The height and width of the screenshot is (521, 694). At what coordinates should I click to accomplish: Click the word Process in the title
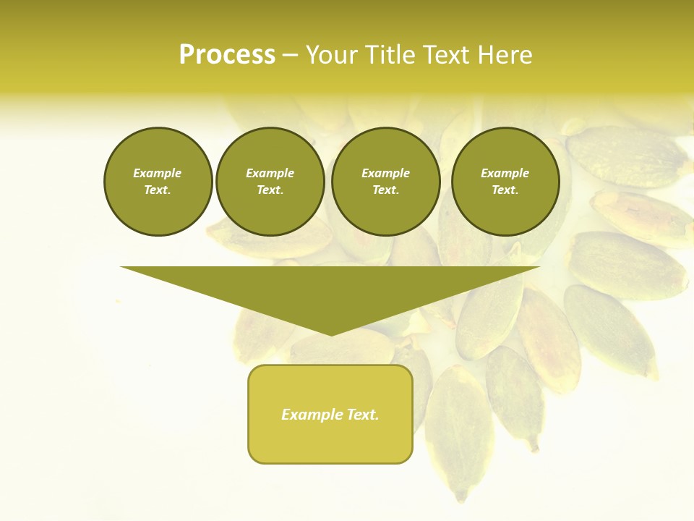pos(227,55)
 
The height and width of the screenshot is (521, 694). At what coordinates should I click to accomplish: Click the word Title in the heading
pos(390,55)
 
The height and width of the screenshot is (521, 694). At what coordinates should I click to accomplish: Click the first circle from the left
pos(158,182)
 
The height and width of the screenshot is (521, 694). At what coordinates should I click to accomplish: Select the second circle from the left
pos(270,182)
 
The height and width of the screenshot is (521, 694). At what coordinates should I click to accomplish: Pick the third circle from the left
pos(386,182)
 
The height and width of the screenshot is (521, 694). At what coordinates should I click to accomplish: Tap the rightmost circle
pos(505,182)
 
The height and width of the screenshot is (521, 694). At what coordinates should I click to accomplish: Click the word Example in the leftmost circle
pos(158,173)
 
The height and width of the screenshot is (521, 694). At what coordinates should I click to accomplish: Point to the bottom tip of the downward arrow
pos(331,334)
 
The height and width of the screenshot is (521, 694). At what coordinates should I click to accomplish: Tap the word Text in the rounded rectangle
pos(362,415)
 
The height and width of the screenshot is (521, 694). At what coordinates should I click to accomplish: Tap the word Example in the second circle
pos(270,173)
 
